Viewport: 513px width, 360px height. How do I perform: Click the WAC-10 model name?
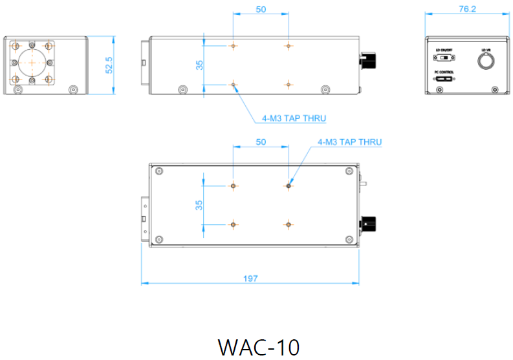pos(259,347)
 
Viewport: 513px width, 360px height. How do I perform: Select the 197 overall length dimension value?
pos(251,278)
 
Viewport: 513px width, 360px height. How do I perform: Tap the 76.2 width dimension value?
pos(467,9)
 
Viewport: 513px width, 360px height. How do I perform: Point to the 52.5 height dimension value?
pos(109,65)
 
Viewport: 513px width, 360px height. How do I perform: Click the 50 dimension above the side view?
pos(261,9)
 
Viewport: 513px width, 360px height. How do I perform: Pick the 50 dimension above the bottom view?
pos(261,142)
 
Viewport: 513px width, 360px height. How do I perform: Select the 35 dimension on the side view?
pos(200,65)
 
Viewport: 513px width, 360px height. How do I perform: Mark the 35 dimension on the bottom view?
pos(200,205)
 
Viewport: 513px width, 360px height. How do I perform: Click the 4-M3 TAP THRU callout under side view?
pos(294,118)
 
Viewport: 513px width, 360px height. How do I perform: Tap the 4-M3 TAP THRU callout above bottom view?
pos(349,142)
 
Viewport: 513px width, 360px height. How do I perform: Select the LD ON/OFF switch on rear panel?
pos(444,58)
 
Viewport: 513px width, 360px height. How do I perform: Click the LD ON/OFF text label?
pos(444,50)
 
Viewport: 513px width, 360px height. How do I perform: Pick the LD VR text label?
pos(486,50)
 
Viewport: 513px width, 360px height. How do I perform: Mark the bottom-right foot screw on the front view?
pos(73,89)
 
